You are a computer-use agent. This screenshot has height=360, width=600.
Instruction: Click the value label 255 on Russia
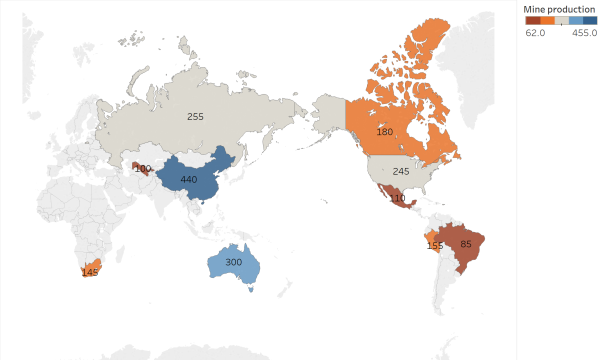coord(195,117)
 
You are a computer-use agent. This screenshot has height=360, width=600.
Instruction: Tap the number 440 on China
coord(189,180)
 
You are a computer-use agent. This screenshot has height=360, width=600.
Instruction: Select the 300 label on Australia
coord(233,262)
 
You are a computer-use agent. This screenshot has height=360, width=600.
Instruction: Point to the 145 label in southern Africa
coord(90,272)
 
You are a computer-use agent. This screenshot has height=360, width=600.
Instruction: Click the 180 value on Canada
coord(385,132)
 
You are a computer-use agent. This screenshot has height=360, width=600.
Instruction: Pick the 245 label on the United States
coord(401,171)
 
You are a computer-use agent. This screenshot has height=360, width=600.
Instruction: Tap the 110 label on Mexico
coord(397,198)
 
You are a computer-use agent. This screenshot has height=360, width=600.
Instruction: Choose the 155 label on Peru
coord(434,245)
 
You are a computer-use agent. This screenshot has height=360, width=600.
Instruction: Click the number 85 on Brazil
coord(466,243)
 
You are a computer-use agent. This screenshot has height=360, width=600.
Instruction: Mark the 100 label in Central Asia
coord(142,168)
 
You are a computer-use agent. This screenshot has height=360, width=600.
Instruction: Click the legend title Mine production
coord(556,8)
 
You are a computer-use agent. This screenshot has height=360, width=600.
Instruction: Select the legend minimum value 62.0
coord(535,32)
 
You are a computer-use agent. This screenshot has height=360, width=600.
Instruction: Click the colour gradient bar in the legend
coord(561,20)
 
